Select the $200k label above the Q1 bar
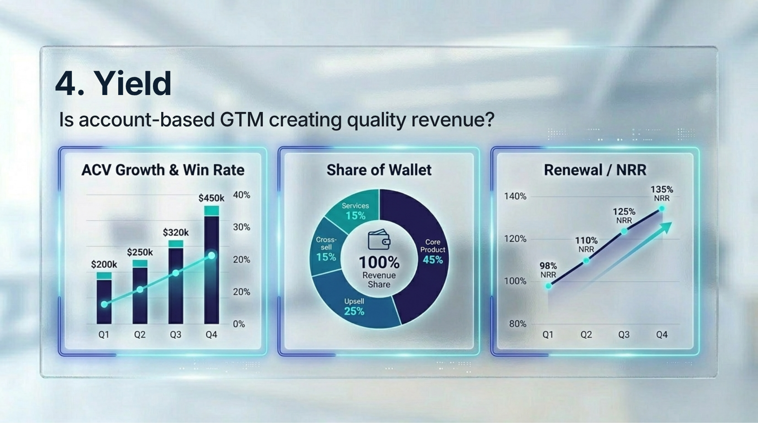[x=104, y=264]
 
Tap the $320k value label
[x=176, y=233]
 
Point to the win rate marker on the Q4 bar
[x=212, y=256]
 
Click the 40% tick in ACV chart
[x=241, y=195]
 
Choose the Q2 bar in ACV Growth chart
[x=140, y=292]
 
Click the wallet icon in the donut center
[x=379, y=240]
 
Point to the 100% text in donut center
[x=379, y=262]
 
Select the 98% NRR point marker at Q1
[x=548, y=286]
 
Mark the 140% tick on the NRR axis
[x=515, y=196]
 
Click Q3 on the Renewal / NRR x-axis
[x=624, y=335]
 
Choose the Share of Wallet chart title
[x=379, y=170]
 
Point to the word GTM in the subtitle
[x=241, y=119]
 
